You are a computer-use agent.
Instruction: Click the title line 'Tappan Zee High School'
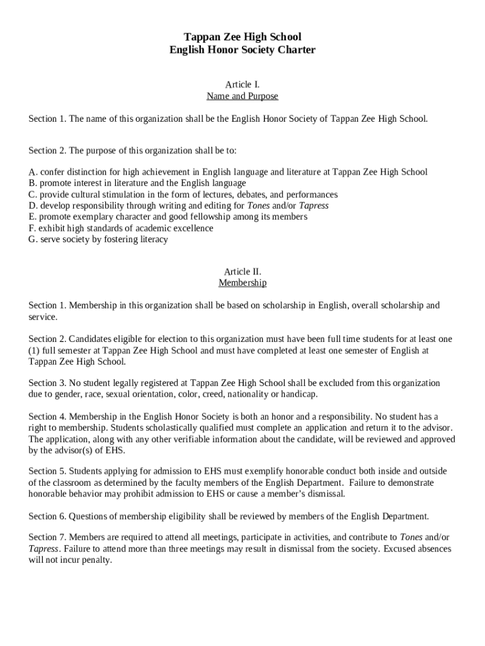tap(243, 37)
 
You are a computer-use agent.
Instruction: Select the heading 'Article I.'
tap(243, 85)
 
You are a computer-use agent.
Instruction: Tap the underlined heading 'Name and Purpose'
tap(243, 97)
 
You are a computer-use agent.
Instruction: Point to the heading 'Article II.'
tap(243, 272)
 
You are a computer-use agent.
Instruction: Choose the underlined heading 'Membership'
tap(243, 283)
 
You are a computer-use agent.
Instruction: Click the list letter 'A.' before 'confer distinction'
tap(33, 172)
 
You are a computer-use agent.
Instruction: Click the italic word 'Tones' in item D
tap(258, 206)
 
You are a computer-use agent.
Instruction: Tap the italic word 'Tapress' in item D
tap(314, 206)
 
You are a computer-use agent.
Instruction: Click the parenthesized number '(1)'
tap(34, 351)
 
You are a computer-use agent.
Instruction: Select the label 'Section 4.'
tap(47, 417)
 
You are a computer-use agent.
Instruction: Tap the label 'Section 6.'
tap(47, 517)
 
